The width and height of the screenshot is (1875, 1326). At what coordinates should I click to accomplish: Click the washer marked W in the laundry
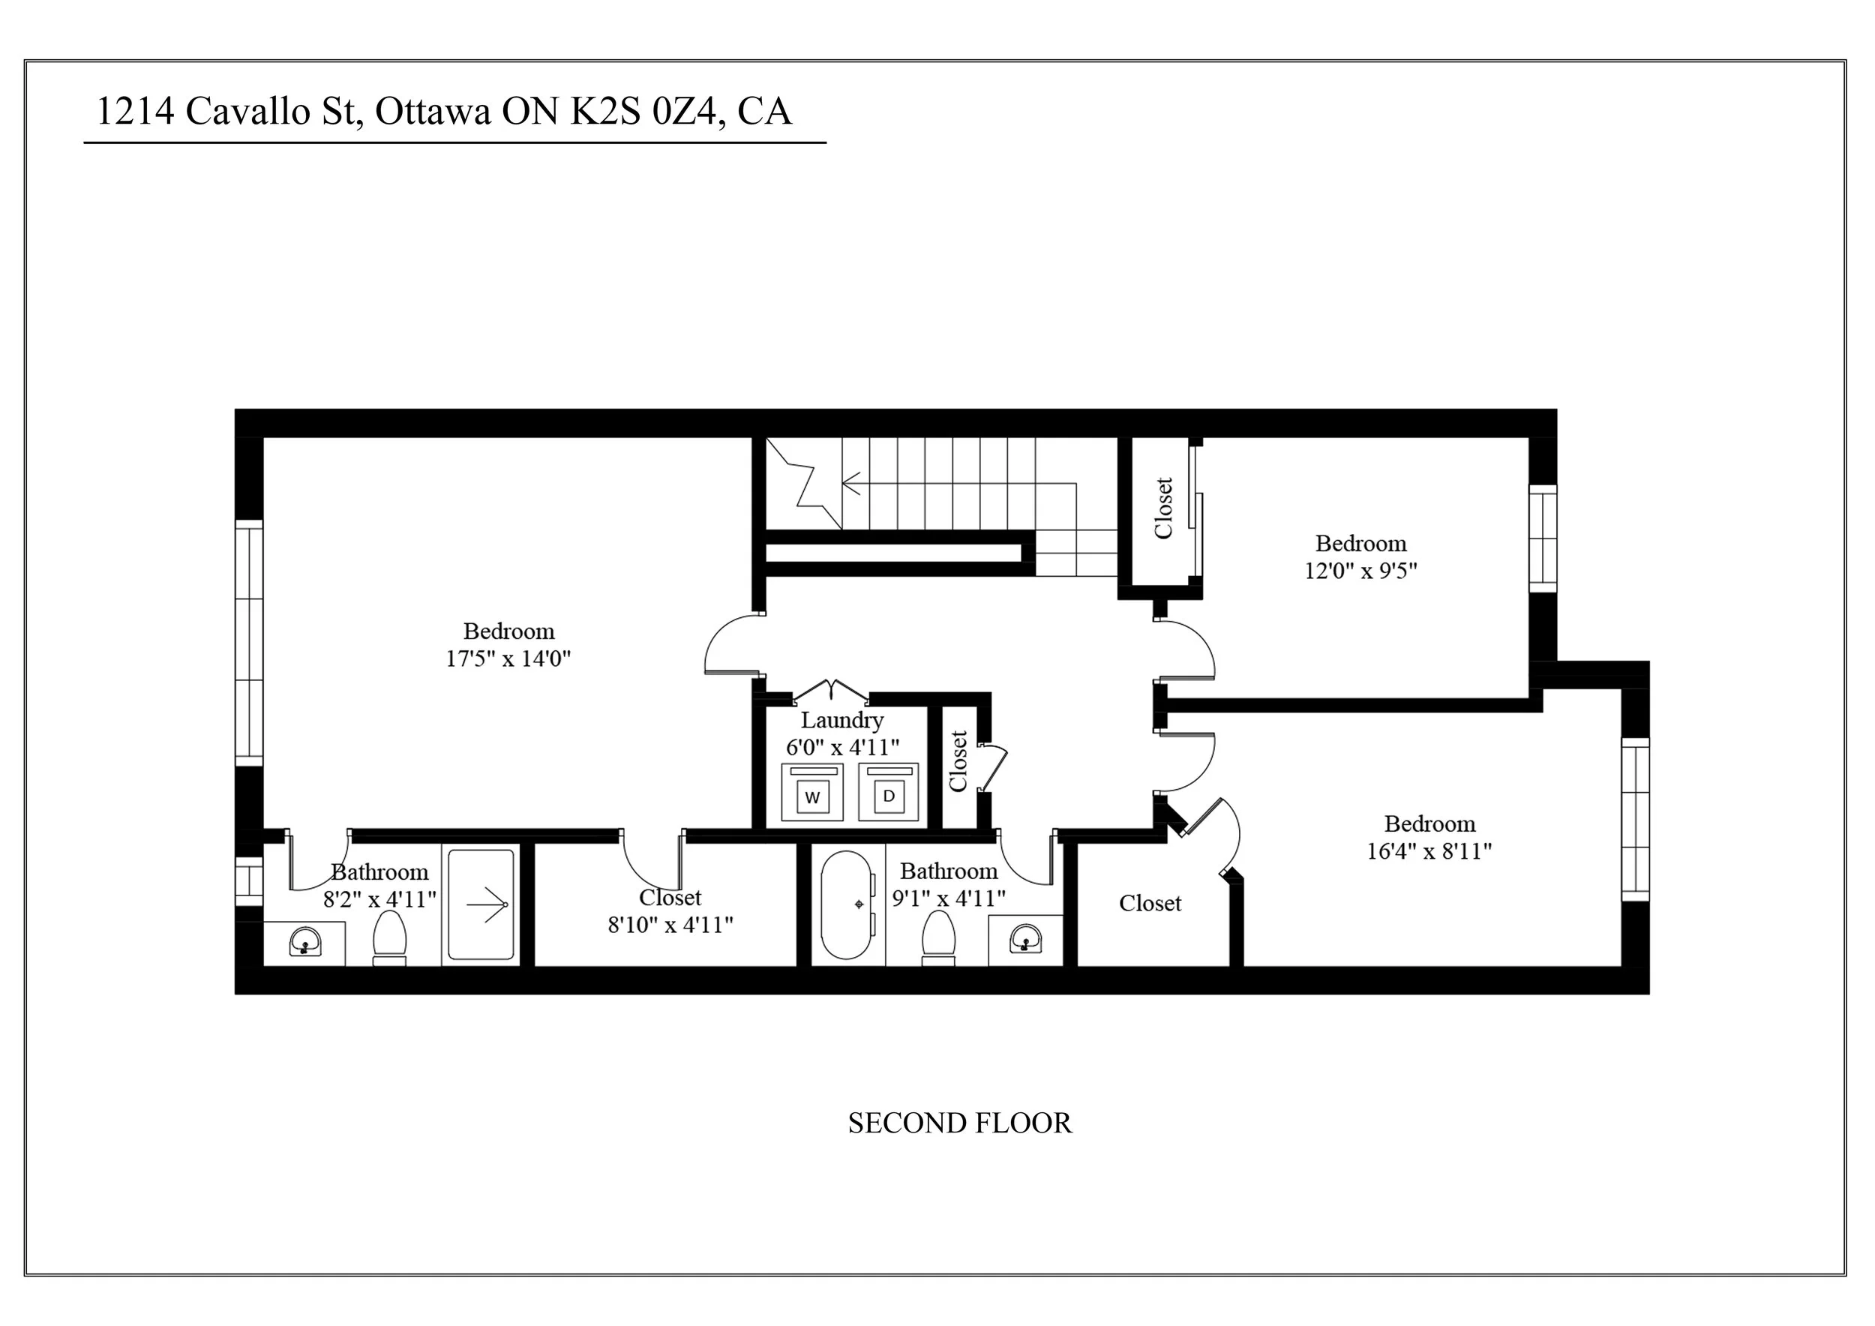811,793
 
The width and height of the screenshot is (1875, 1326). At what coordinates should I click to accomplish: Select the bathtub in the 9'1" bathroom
847,905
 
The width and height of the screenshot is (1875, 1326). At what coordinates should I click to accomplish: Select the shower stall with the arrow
481,904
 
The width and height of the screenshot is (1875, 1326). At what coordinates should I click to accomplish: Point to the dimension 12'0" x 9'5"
1360,571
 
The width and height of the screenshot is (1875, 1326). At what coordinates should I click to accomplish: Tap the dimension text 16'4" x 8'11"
1429,851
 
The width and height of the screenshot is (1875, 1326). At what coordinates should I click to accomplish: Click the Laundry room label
842,720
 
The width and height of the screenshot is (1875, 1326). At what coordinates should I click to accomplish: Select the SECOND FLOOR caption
959,1123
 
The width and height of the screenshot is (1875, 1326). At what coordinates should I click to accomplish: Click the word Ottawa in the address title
433,111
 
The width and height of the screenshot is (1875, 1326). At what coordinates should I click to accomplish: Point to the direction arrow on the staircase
853,483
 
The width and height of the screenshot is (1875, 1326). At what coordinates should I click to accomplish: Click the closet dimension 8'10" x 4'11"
670,925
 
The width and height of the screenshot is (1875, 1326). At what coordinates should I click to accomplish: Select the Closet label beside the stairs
1163,508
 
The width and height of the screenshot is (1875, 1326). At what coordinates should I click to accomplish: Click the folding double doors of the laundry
830,689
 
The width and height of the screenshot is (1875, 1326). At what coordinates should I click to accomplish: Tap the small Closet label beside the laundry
958,761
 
